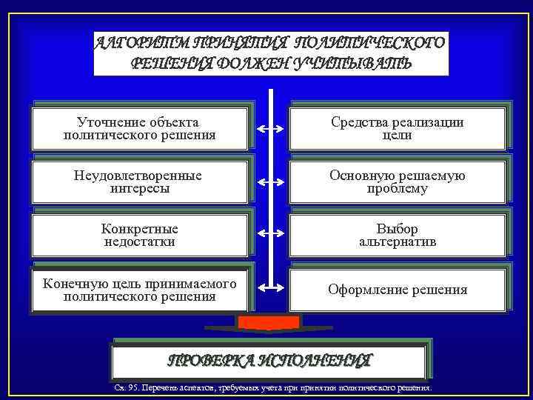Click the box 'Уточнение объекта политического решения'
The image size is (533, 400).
click(x=140, y=129)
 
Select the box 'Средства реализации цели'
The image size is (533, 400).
click(x=398, y=129)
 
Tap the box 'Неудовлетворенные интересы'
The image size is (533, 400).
click(x=140, y=182)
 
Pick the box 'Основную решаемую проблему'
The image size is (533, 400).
click(x=398, y=182)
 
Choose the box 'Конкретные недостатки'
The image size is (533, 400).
click(x=140, y=236)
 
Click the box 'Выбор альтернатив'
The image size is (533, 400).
click(x=398, y=236)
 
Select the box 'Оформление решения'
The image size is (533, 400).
click(x=398, y=290)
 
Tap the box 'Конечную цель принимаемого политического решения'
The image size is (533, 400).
click(x=140, y=290)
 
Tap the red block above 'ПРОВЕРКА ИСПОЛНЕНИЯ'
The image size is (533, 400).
click(x=269, y=322)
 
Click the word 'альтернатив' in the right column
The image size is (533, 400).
click(x=398, y=242)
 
